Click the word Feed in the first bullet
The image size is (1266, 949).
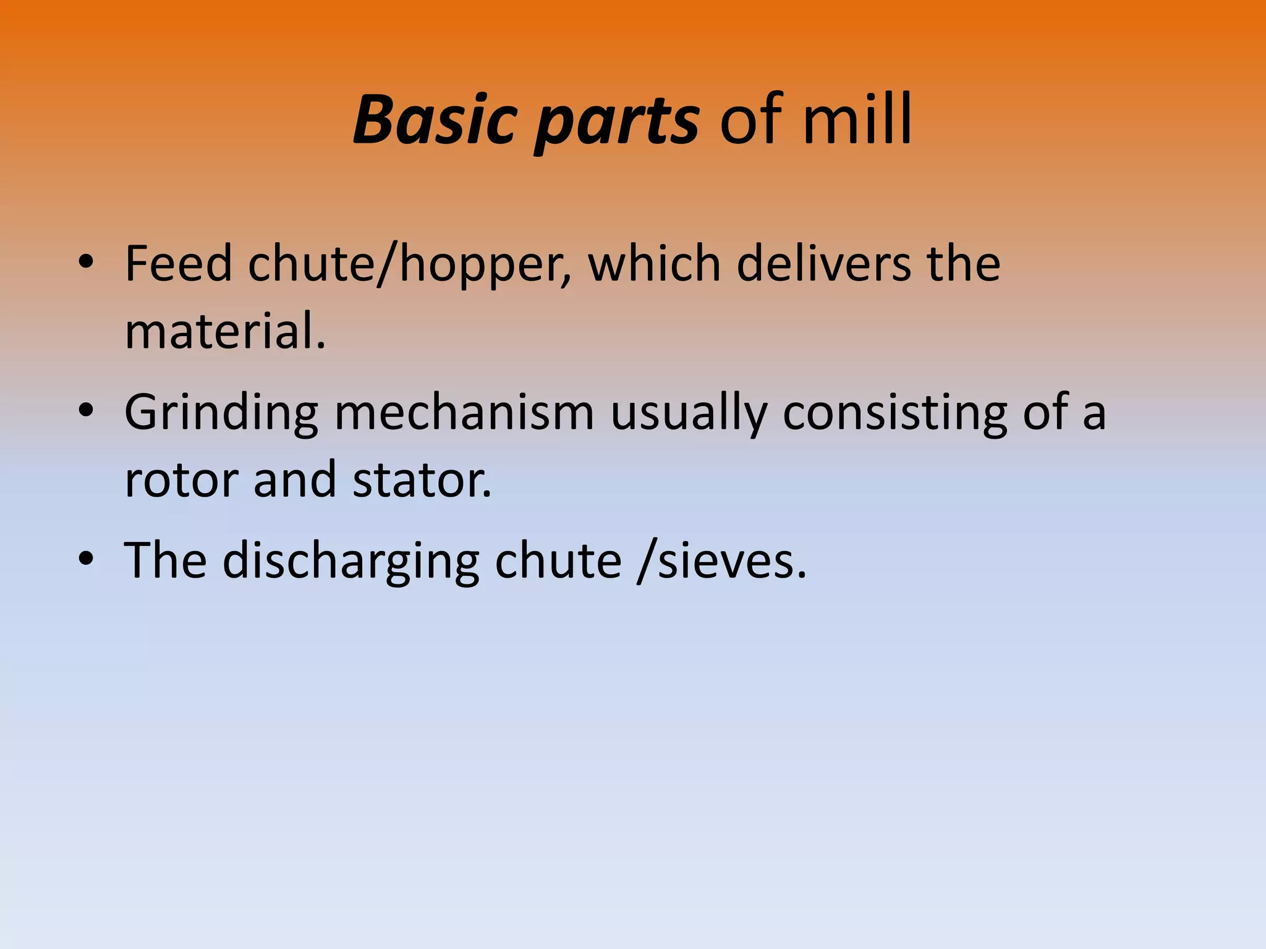[x=178, y=264]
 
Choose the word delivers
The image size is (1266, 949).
[x=823, y=264]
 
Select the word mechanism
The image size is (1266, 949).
[x=464, y=412]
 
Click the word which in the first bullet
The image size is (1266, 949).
[x=654, y=264]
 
